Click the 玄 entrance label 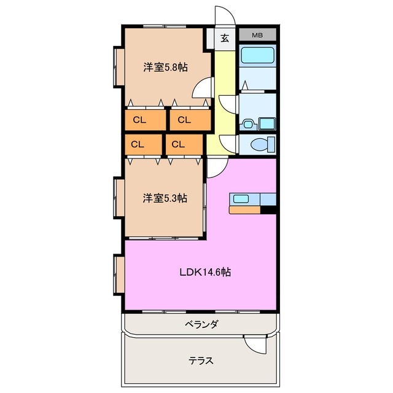coord(225,38)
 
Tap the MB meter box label coord(258,35)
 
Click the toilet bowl coord(259,144)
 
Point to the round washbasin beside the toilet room coord(248,123)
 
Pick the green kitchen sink coord(239,199)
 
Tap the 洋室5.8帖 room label coord(165,68)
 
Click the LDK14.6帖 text coord(205,271)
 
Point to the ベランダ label coord(202,323)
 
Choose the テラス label coord(201,360)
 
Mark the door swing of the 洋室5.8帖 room coord(201,90)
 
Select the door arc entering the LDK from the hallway coord(218,166)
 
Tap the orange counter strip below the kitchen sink coord(244,210)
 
